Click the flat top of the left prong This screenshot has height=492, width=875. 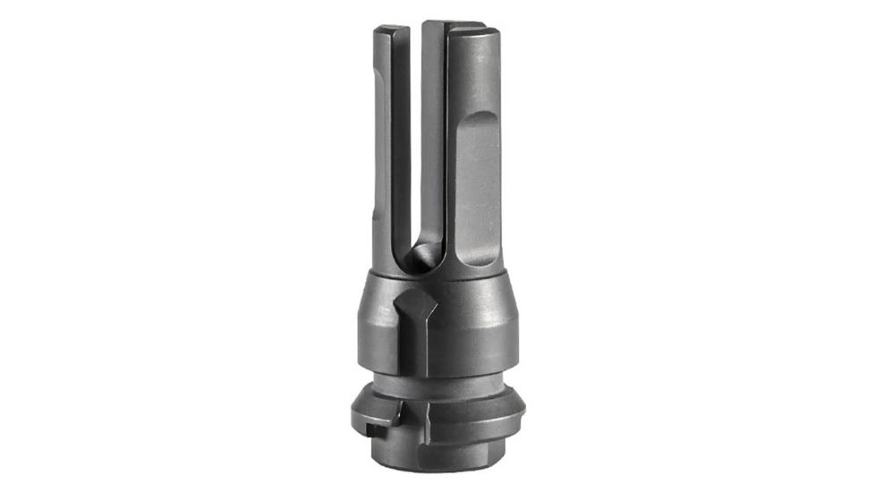click(x=391, y=30)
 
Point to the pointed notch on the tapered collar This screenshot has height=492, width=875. click(x=412, y=301)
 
